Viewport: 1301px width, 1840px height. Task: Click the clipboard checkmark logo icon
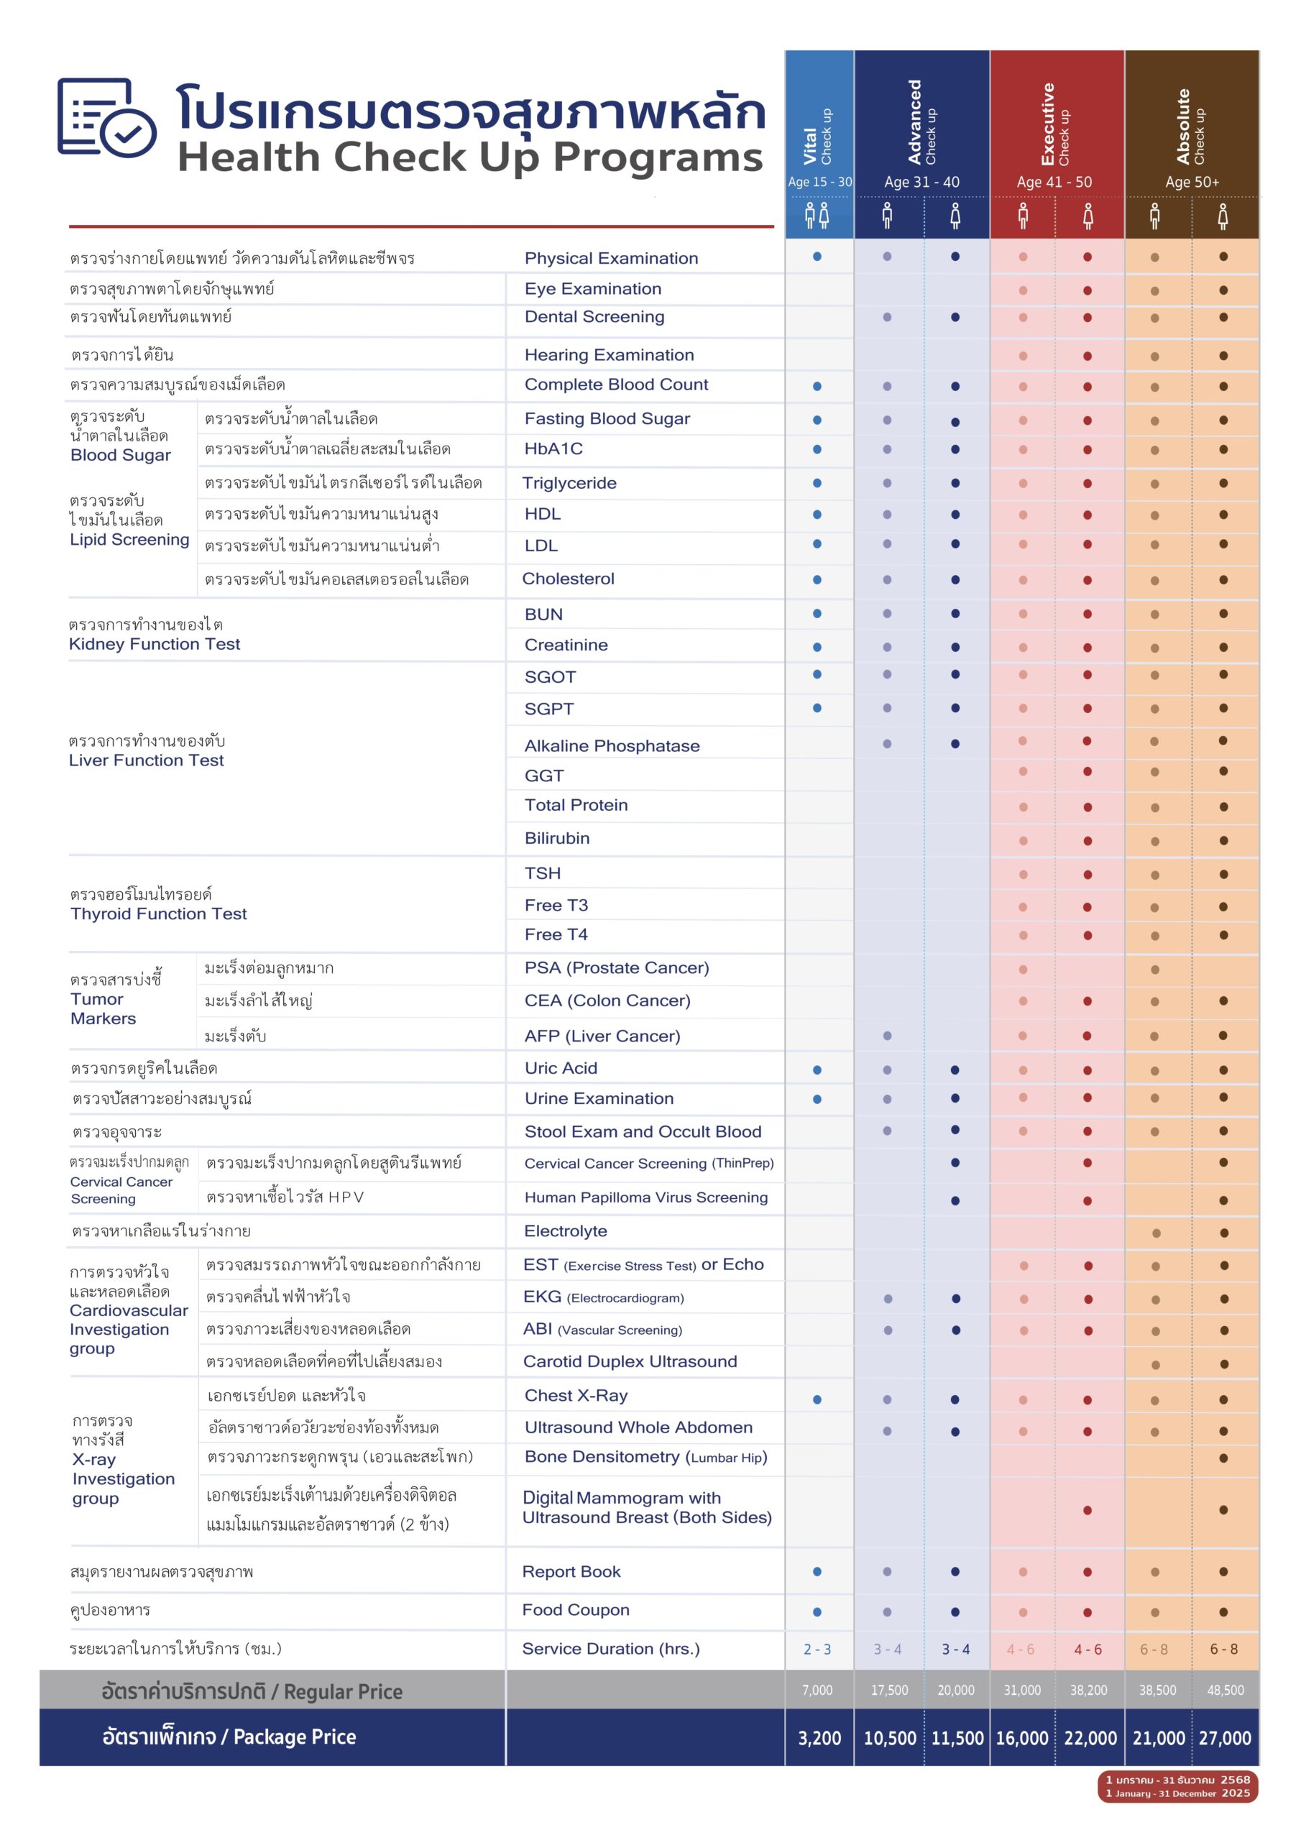click(106, 118)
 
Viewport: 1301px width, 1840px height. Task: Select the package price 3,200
click(819, 1737)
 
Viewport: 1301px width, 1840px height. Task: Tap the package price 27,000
click(1225, 1737)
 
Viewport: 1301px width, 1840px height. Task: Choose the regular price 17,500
click(889, 1690)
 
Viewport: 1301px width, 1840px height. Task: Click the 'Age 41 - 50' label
click(1054, 182)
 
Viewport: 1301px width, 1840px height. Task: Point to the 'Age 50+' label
click(1192, 182)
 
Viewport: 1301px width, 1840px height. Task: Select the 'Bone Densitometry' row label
click(645, 1457)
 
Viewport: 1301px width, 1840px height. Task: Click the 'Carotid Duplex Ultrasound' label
click(630, 1361)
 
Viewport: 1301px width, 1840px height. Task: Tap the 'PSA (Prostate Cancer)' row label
click(617, 968)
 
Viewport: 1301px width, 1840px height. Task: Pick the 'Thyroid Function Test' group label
click(159, 914)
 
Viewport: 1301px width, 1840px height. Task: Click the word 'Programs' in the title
click(658, 157)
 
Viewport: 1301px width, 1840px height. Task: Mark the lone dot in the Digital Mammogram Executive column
click(1087, 1511)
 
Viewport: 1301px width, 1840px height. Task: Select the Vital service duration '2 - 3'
click(817, 1650)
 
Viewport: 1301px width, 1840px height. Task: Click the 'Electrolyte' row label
click(565, 1231)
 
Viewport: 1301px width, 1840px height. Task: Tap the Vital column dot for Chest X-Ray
click(817, 1400)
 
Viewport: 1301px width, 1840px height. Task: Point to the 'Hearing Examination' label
click(610, 355)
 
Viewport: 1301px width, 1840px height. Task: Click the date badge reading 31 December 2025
click(1177, 1787)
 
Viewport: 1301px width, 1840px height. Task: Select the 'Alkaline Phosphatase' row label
click(612, 746)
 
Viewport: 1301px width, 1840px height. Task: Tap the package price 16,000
click(1022, 1737)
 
